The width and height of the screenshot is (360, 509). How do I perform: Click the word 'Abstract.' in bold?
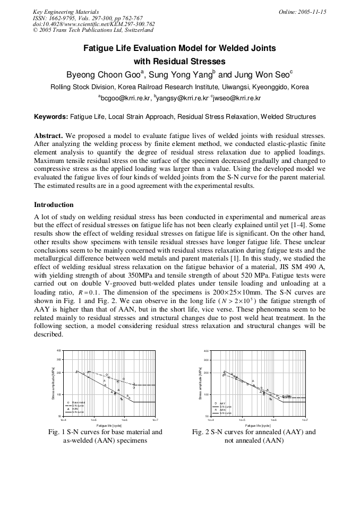point(48,135)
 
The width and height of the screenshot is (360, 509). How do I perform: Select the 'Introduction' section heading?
point(54,204)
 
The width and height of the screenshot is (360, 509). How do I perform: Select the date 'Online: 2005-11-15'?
point(302,12)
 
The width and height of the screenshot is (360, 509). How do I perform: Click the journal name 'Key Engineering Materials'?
point(66,12)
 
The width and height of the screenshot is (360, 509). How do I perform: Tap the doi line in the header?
point(93,24)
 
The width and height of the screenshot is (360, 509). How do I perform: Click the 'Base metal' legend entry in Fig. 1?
point(79,402)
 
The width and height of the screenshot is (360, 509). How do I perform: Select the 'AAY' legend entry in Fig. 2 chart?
point(223,403)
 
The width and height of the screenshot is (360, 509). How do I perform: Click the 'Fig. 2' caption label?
point(201,432)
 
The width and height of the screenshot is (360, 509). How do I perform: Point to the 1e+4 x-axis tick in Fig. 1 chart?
point(63,420)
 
